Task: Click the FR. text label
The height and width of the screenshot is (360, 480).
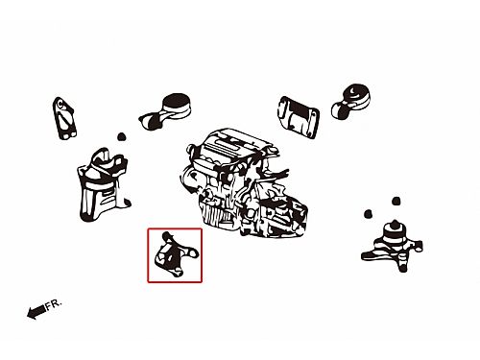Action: [x=54, y=304]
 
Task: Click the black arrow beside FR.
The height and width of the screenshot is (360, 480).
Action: [x=36, y=312]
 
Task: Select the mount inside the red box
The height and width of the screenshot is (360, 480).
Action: [x=176, y=254]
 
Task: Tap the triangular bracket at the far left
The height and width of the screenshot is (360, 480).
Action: [x=64, y=118]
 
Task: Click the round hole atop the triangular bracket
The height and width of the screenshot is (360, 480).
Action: [x=60, y=104]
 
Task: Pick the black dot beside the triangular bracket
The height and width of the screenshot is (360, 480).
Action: [x=121, y=137]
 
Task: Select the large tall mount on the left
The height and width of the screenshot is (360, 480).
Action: [x=103, y=185]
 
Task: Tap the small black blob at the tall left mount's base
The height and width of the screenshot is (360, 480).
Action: [x=128, y=203]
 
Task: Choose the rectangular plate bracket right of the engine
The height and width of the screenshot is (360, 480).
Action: [x=299, y=117]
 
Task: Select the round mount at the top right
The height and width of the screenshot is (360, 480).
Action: [x=351, y=101]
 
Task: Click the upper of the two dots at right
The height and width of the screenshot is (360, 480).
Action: [x=396, y=201]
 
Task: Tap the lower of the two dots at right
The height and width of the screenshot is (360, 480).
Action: [x=368, y=214]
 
